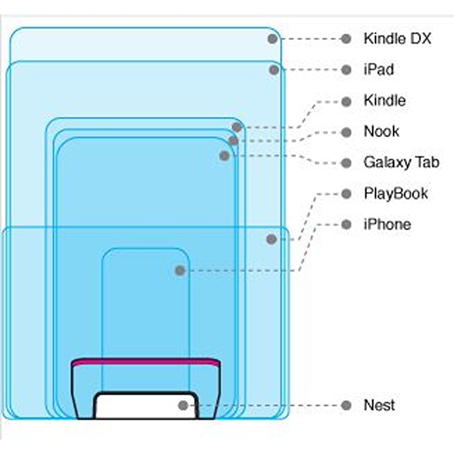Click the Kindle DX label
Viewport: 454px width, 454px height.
coord(397,39)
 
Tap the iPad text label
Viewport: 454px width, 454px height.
coord(379,69)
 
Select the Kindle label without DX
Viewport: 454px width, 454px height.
coord(385,100)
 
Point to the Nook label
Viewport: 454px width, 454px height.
coord(381,132)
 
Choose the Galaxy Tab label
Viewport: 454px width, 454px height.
coord(401,163)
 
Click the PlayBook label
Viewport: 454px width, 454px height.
coord(396,193)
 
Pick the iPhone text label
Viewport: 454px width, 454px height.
coord(387,224)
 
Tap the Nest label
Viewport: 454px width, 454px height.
coord(379,405)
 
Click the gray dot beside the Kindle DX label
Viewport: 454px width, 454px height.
coord(346,39)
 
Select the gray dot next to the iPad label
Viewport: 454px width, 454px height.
coord(346,69)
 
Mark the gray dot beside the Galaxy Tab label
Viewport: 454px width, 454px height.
coord(346,163)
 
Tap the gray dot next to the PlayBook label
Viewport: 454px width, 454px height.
coord(346,194)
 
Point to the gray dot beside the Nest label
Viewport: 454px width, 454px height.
coord(346,405)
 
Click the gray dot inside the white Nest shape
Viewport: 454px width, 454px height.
coord(183,405)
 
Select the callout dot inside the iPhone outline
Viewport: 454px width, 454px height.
coord(180,271)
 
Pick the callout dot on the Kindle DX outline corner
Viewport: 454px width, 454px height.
coord(272,39)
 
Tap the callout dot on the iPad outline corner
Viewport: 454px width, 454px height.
coord(274,69)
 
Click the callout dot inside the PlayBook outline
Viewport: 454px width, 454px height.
coord(271,239)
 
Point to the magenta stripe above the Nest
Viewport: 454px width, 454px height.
coord(146,361)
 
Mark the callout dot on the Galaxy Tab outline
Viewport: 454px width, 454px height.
coord(224,156)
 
